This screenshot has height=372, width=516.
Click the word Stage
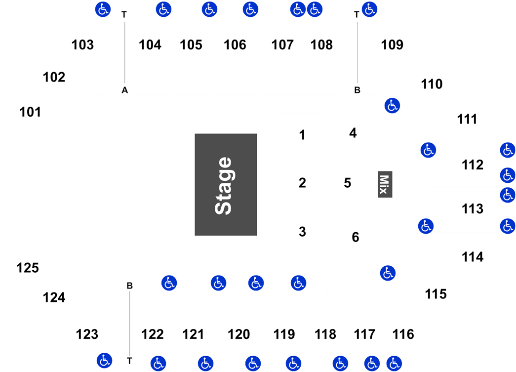pos(224,185)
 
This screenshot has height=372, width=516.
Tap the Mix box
pos(385,184)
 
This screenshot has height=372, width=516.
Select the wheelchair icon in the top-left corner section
pos(103,9)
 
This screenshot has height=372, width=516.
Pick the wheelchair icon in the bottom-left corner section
pos(104,360)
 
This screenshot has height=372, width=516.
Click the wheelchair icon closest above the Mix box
pos(392,105)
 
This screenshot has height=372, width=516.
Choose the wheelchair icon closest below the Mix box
pos(388,273)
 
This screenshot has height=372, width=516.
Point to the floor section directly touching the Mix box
pos(347,184)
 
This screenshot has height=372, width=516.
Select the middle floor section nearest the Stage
pos(300,184)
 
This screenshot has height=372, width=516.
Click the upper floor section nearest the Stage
pos(300,135)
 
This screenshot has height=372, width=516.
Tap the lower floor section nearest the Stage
pos(300,234)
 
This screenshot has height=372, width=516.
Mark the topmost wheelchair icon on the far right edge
pos(508,150)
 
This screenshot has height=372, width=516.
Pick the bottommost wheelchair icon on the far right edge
pos(508,226)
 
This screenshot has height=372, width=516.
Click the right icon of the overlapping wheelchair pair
pos(315,9)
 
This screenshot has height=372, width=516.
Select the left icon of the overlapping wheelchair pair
pos(298,9)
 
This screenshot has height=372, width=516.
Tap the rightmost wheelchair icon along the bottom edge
pos(394,364)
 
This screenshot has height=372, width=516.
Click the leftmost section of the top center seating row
pos(151,52)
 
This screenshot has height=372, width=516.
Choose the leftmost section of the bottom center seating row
pos(152,324)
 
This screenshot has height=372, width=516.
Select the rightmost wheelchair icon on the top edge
pos(369,9)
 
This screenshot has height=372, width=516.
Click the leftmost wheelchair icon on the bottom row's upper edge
pos(169,283)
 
